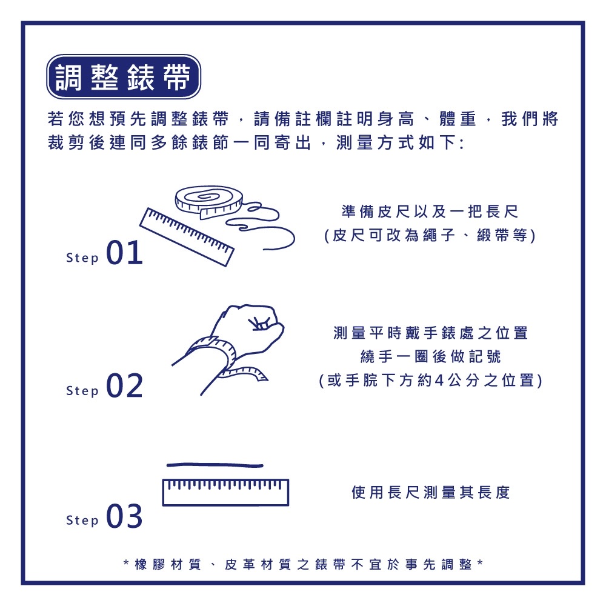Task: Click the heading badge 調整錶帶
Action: click(x=124, y=77)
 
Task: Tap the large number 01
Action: click(x=124, y=254)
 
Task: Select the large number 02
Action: click(x=124, y=386)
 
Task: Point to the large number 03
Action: click(x=124, y=516)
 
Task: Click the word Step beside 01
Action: click(x=82, y=259)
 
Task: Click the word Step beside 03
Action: click(x=82, y=521)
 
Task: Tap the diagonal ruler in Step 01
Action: click(x=187, y=236)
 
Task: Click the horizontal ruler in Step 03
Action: click(x=225, y=492)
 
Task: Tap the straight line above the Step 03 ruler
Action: click(x=215, y=465)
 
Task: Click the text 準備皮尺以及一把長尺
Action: click(x=430, y=212)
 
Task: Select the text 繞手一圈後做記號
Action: click(x=430, y=356)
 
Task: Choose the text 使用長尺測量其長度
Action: click(x=431, y=492)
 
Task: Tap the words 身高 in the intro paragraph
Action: click(x=400, y=119)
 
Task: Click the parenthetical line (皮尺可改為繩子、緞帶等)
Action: click(x=430, y=236)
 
